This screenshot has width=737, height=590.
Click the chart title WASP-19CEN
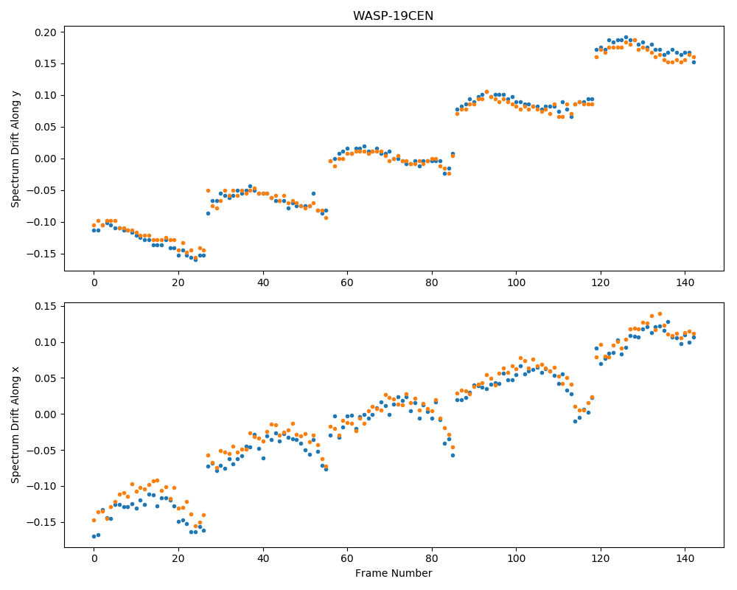click(393, 16)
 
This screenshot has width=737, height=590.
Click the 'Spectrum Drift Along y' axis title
click(15, 149)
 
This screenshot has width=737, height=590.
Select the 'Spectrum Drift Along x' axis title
click(15, 425)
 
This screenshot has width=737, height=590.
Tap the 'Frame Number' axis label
click(394, 573)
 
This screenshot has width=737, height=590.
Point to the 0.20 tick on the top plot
click(46, 32)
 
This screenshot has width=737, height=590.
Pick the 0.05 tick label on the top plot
click(46, 127)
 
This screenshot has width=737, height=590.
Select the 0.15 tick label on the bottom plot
click(46, 306)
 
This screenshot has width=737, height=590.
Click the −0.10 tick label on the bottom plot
click(42, 487)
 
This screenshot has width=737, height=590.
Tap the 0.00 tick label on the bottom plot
click(46, 414)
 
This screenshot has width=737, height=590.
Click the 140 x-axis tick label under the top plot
click(685, 282)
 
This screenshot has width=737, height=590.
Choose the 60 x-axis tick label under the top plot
click(347, 282)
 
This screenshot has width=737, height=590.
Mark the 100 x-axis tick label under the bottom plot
click(516, 560)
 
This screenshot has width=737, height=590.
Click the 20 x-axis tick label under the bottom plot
click(178, 560)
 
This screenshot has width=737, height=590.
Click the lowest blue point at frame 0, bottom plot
click(94, 536)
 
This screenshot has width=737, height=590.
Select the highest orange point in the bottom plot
click(660, 314)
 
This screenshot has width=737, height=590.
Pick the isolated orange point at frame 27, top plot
click(209, 190)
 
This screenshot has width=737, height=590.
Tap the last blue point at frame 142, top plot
click(694, 62)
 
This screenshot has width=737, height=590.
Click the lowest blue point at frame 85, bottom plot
click(453, 456)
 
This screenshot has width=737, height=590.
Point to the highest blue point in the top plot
click(626, 37)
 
